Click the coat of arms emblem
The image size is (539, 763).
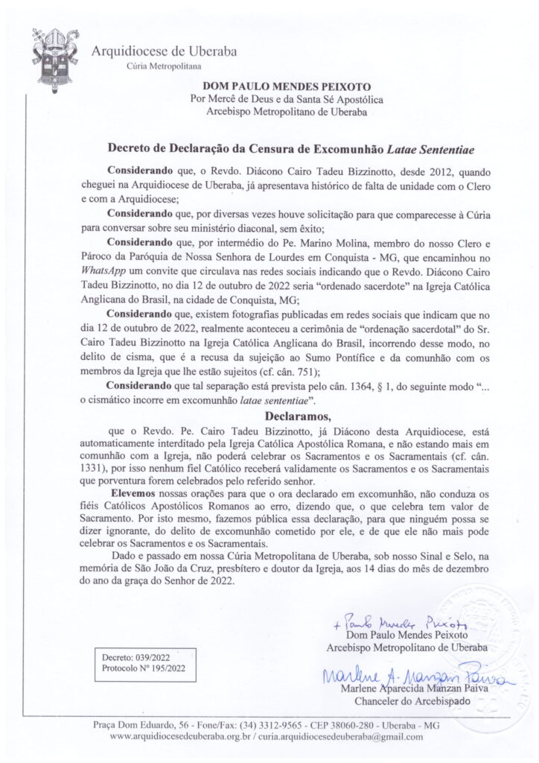51,54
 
